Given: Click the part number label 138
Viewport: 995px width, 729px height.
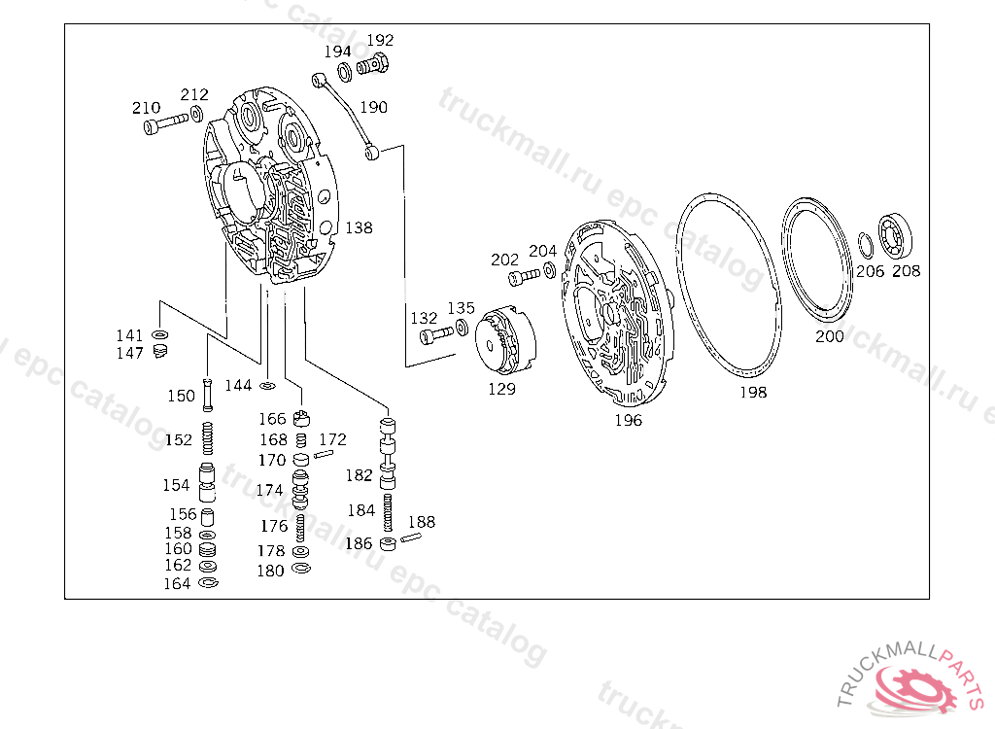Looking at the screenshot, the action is [x=359, y=227].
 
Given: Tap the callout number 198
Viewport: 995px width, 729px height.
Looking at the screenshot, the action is [x=752, y=393].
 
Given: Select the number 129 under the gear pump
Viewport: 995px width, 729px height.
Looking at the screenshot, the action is [x=501, y=389].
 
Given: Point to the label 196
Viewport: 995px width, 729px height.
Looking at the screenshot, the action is [x=628, y=421].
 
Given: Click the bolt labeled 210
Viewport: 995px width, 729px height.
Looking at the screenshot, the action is [x=164, y=124].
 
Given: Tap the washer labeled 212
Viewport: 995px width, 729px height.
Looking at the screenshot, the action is [x=197, y=115].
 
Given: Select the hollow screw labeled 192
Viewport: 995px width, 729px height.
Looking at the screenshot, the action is [x=372, y=67].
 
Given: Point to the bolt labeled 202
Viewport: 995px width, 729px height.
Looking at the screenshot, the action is [x=523, y=278].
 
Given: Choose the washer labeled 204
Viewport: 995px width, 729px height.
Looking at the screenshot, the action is [x=549, y=269].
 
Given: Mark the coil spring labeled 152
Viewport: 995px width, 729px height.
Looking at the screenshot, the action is [x=207, y=439].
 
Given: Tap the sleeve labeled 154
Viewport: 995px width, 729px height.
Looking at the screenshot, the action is [x=207, y=483].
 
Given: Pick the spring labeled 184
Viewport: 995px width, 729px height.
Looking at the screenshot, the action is [x=389, y=510].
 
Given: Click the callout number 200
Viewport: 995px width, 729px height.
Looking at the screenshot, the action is [x=829, y=336].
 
